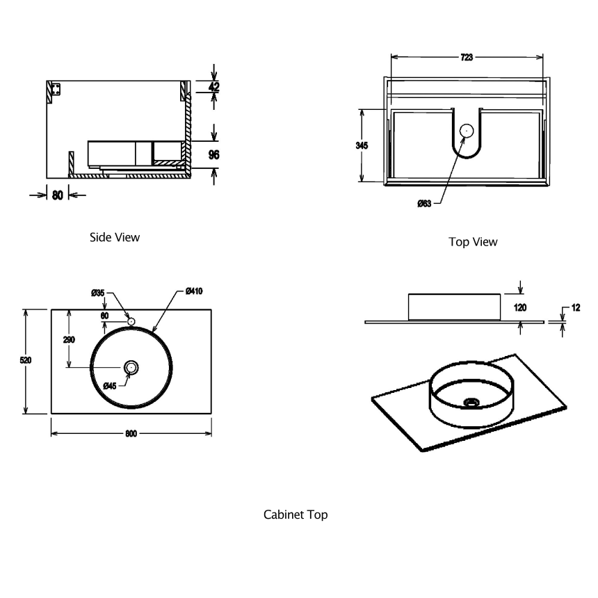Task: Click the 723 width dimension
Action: [467, 58]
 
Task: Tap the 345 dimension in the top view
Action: [361, 145]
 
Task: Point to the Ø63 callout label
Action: [425, 203]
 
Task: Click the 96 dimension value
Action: [213, 154]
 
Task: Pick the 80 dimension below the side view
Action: [57, 195]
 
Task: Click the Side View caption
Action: [115, 237]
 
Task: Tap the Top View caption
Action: [473, 242]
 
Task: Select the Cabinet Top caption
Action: [296, 515]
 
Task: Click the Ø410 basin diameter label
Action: [194, 292]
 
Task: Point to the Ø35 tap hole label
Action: [97, 293]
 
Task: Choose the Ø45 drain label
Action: [111, 385]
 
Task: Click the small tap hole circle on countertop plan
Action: [131, 321]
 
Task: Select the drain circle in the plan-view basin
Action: [131, 367]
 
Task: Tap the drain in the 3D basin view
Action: [471, 402]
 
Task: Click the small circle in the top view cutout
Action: [467, 129]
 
